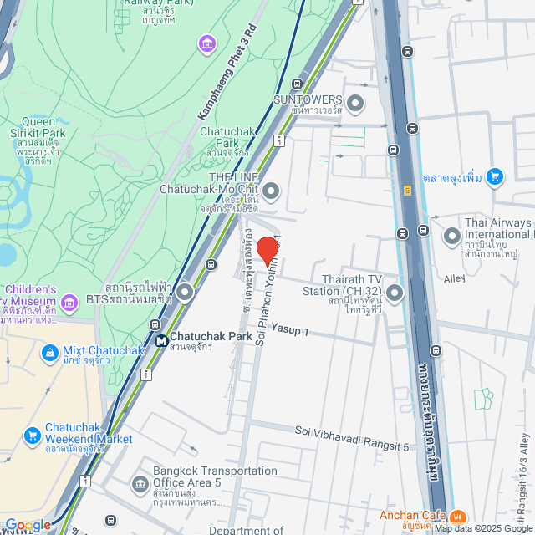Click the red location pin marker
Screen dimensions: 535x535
click(267, 250)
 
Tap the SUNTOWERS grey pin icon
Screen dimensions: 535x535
click(355, 104)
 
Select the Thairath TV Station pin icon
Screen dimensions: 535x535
click(395, 292)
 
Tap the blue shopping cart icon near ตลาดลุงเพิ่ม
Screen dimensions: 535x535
click(495, 176)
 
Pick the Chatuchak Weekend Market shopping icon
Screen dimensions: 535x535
click(32, 435)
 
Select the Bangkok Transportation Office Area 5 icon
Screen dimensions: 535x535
click(139, 483)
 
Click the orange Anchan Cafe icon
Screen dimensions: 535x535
click(459, 516)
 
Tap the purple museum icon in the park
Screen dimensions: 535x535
click(206, 43)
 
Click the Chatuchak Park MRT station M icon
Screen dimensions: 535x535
click(160, 340)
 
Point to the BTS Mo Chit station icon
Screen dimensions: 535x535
click(184, 292)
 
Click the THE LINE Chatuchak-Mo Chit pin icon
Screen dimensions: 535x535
click(271, 191)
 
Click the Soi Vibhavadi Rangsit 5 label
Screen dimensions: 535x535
click(352, 437)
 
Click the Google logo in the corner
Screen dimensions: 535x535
click(28, 525)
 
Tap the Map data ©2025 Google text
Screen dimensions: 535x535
click(483, 528)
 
